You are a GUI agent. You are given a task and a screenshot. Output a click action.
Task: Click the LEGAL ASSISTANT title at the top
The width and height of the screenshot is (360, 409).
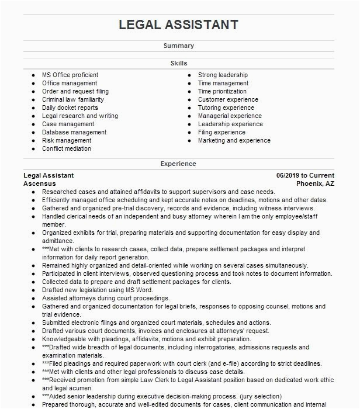(x=178, y=25)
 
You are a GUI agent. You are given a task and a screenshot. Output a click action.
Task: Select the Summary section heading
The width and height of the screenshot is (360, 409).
(x=178, y=46)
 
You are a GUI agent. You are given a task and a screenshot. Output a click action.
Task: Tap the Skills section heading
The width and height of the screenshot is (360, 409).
(x=178, y=63)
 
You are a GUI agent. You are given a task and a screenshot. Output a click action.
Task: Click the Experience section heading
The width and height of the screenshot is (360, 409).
(x=178, y=164)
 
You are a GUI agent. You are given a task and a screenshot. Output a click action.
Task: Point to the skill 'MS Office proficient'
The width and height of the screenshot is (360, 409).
(x=70, y=75)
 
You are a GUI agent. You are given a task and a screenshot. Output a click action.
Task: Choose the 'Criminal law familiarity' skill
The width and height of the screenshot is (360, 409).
(x=73, y=99)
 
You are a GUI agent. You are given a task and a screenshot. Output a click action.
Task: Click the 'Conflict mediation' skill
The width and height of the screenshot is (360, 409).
(x=67, y=148)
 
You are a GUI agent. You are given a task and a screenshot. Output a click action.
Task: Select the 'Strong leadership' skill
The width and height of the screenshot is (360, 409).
(x=223, y=75)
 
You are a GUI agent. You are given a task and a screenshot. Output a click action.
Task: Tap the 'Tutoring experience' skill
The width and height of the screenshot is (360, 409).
(x=226, y=108)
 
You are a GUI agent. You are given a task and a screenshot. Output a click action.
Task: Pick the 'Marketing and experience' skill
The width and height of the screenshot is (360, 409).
(x=234, y=140)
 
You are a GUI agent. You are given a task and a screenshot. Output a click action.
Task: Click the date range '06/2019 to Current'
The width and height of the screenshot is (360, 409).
(x=305, y=175)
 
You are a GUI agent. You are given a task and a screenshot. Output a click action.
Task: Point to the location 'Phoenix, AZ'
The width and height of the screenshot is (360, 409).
(x=315, y=183)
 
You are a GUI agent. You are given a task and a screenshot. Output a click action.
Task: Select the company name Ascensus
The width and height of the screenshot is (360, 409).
(x=40, y=183)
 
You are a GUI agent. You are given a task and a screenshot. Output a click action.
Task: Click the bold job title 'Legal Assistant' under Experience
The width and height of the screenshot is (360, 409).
(x=49, y=175)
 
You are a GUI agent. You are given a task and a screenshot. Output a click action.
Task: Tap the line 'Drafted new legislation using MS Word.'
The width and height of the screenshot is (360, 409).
(x=98, y=290)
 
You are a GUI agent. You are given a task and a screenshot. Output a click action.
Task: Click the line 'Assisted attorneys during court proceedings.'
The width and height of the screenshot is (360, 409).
(x=105, y=298)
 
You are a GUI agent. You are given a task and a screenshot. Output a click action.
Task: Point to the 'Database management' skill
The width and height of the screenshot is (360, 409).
(x=74, y=132)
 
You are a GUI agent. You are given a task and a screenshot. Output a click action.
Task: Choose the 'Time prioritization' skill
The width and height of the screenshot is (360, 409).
(x=222, y=91)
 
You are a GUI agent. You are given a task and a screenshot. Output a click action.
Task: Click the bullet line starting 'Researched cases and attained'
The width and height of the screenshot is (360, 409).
(x=158, y=192)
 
